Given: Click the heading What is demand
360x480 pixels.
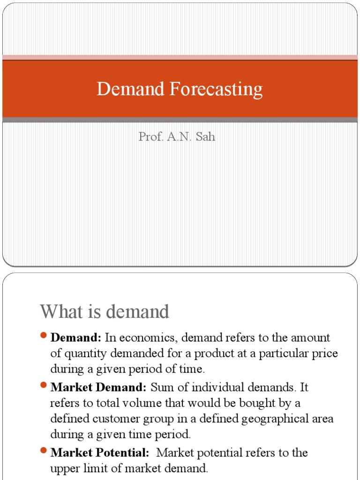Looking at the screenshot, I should [x=104, y=312].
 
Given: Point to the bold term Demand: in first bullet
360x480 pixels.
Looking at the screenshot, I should [x=75, y=337].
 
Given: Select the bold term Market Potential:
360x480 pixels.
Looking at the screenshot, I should [x=100, y=452].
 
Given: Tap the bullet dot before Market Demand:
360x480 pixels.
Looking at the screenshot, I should [x=44, y=386].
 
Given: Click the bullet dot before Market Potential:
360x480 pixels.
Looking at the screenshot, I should [x=44, y=451].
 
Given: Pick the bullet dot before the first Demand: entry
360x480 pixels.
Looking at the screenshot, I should [x=44, y=336].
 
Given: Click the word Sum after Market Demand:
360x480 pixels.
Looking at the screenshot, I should [x=162, y=387].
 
